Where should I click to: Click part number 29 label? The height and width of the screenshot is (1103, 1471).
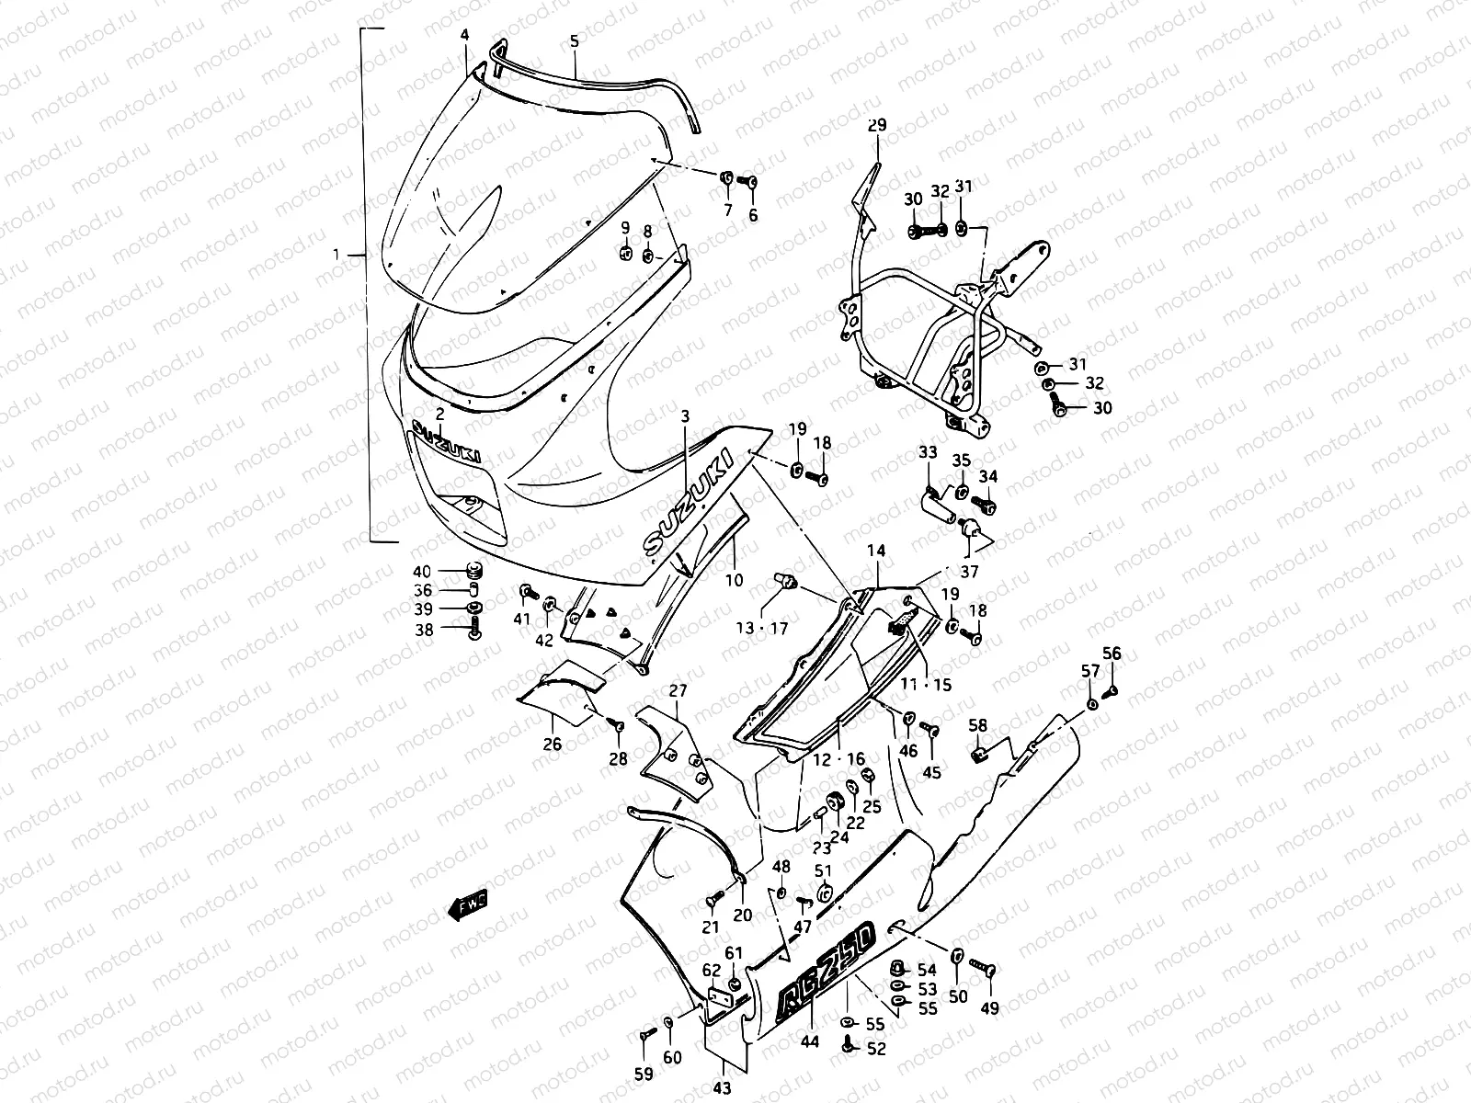coord(876,126)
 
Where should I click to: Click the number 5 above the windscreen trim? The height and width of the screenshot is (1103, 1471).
coord(575,41)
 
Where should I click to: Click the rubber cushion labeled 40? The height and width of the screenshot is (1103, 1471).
coord(474,570)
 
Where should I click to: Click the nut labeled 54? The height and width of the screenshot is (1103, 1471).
coord(899,970)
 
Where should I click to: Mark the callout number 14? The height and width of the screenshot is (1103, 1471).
coord(876,551)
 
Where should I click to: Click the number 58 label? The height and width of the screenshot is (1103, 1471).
coord(976,726)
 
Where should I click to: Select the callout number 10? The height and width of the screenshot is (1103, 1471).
coord(734,581)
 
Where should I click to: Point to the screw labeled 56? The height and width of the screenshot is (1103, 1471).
coord(1112,691)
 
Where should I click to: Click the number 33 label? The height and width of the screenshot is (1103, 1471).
coord(928,452)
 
